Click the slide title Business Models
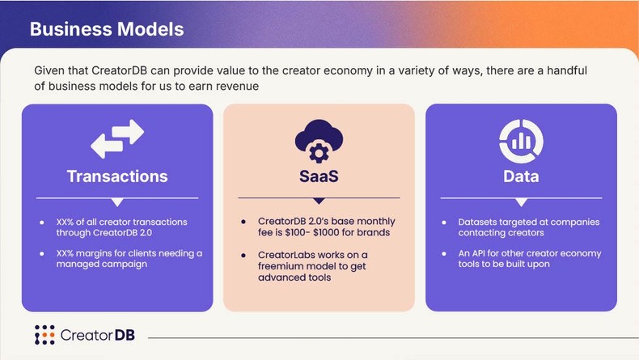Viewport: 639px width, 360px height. click(107, 29)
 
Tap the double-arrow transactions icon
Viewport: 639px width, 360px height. click(117, 139)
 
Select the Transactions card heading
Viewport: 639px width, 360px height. click(117, 176)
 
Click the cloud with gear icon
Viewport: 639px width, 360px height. click(319, 140)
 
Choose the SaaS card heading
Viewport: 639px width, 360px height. click(319, 176)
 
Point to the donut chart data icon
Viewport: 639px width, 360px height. click(521, 140)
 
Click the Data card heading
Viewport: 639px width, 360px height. click(521, 176)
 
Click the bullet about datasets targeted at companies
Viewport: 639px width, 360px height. click(528, 227)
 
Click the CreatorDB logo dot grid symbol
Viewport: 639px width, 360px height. click(44, 334)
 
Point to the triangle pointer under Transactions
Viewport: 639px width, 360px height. click(117, 201)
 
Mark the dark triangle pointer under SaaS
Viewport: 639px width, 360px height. click(319, 201)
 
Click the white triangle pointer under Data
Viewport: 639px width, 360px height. click(521, 201)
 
